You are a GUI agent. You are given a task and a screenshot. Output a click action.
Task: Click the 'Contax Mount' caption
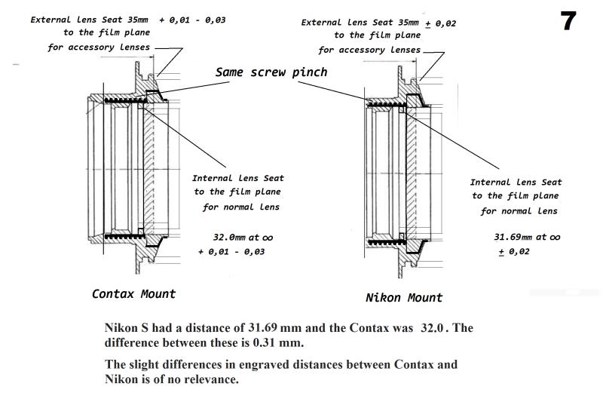tap(133, 294)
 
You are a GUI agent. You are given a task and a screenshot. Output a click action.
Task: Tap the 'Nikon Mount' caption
tap(404, 297)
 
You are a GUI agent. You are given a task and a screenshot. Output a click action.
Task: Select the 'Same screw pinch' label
tap(271, 72)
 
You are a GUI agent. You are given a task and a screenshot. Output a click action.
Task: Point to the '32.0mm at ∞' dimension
tap(238, 237)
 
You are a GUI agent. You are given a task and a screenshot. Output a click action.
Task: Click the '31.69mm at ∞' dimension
tap(527, 237)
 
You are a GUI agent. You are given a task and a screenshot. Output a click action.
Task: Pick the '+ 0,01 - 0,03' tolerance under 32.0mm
tap(231, 251)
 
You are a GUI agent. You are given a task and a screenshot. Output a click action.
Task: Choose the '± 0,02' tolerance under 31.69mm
tap(514, 251)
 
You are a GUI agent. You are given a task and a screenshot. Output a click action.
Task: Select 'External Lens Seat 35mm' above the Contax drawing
tap(90, 20)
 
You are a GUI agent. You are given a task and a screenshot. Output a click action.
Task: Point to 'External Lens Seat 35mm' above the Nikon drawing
tap(360, 23)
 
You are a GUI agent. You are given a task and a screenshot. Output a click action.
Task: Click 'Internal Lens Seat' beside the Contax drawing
tap(238, 179)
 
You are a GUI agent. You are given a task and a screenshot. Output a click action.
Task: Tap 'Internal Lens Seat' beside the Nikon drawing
tap(516, 182)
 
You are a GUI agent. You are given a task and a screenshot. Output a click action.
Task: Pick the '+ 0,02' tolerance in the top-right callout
tap(441, 23)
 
